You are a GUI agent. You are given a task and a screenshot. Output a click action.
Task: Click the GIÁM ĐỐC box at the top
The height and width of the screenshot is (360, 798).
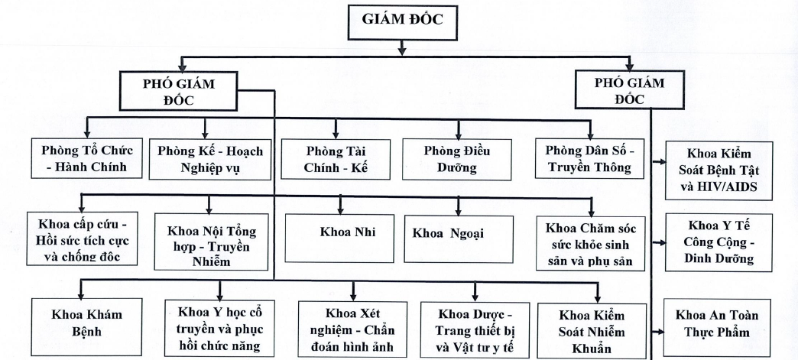click(402, 24)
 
